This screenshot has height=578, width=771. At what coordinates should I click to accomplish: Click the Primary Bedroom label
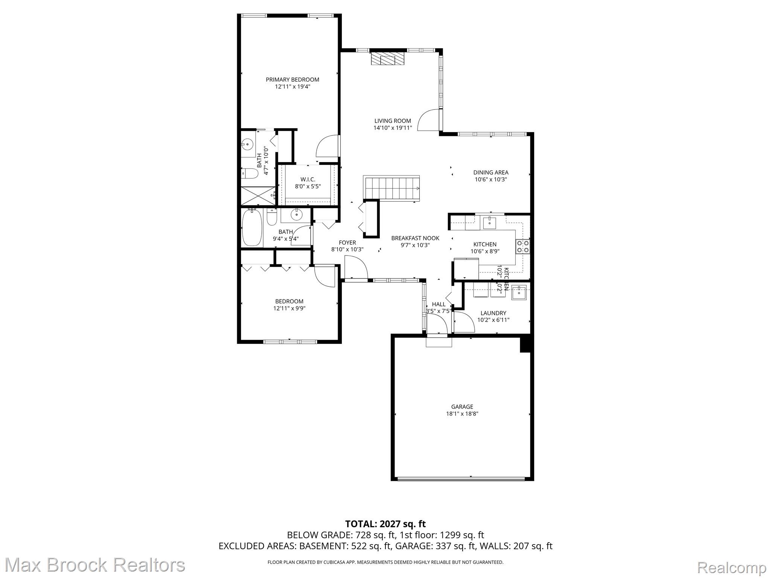[x=292, y=79]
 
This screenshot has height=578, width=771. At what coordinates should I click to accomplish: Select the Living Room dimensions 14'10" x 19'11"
[x=393, y=128]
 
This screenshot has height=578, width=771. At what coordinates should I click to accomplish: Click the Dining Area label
[x=491, y=172]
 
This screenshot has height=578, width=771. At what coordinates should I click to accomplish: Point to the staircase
[x=392, y=187]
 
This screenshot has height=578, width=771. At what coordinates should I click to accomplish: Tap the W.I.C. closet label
[x=308, y=179]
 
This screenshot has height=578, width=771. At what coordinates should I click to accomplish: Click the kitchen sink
[x=489, y=223]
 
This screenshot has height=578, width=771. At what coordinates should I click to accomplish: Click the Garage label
[x=462, y=406]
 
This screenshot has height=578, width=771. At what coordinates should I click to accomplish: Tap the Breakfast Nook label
[x=415, y=238]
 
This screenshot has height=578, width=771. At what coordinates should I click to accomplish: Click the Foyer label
[x=347, y=242]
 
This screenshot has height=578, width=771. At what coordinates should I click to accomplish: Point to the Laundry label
[x=493, y=313]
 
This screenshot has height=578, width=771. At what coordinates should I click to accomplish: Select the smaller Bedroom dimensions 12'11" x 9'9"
[x=289, y=308]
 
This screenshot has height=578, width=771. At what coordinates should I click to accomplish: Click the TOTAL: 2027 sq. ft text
[x=385, y=523]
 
